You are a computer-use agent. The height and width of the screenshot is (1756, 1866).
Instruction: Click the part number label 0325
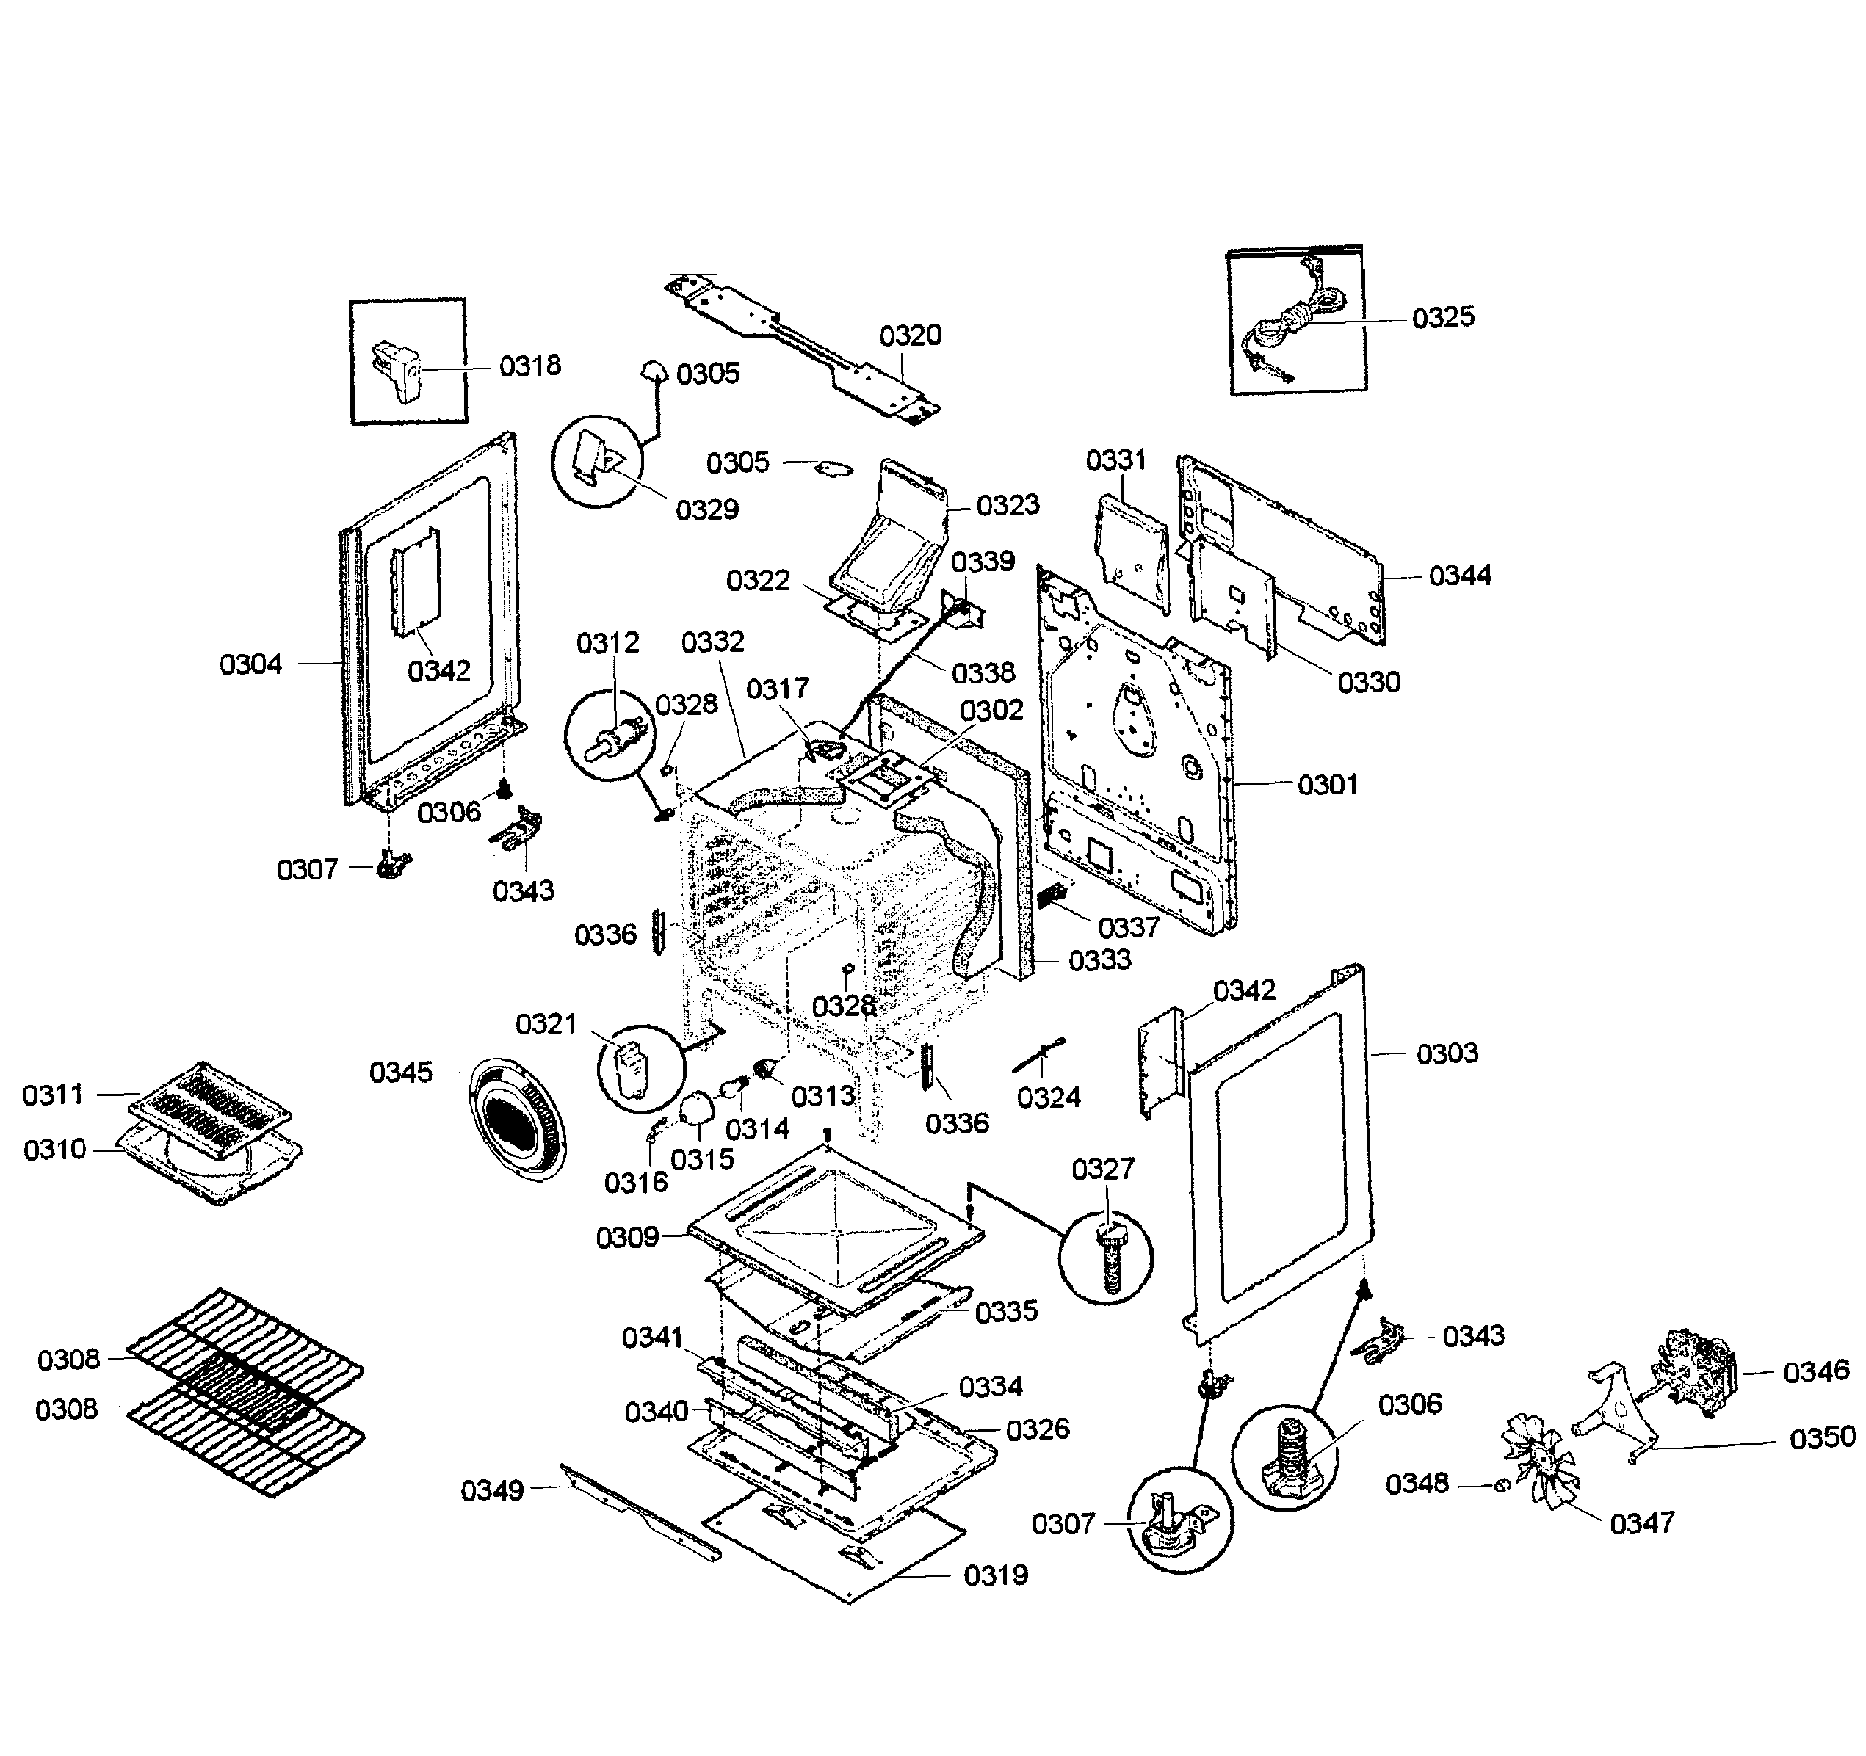click(1443, 317)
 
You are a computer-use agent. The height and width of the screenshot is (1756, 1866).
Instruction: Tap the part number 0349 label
click(492, 1490)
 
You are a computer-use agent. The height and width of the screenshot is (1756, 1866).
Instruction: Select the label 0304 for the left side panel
click(250, 664)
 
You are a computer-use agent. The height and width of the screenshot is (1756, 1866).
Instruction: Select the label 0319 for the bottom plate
click(995, 1575)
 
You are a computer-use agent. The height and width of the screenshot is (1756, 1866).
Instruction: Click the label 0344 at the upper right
click(1460, 576)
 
